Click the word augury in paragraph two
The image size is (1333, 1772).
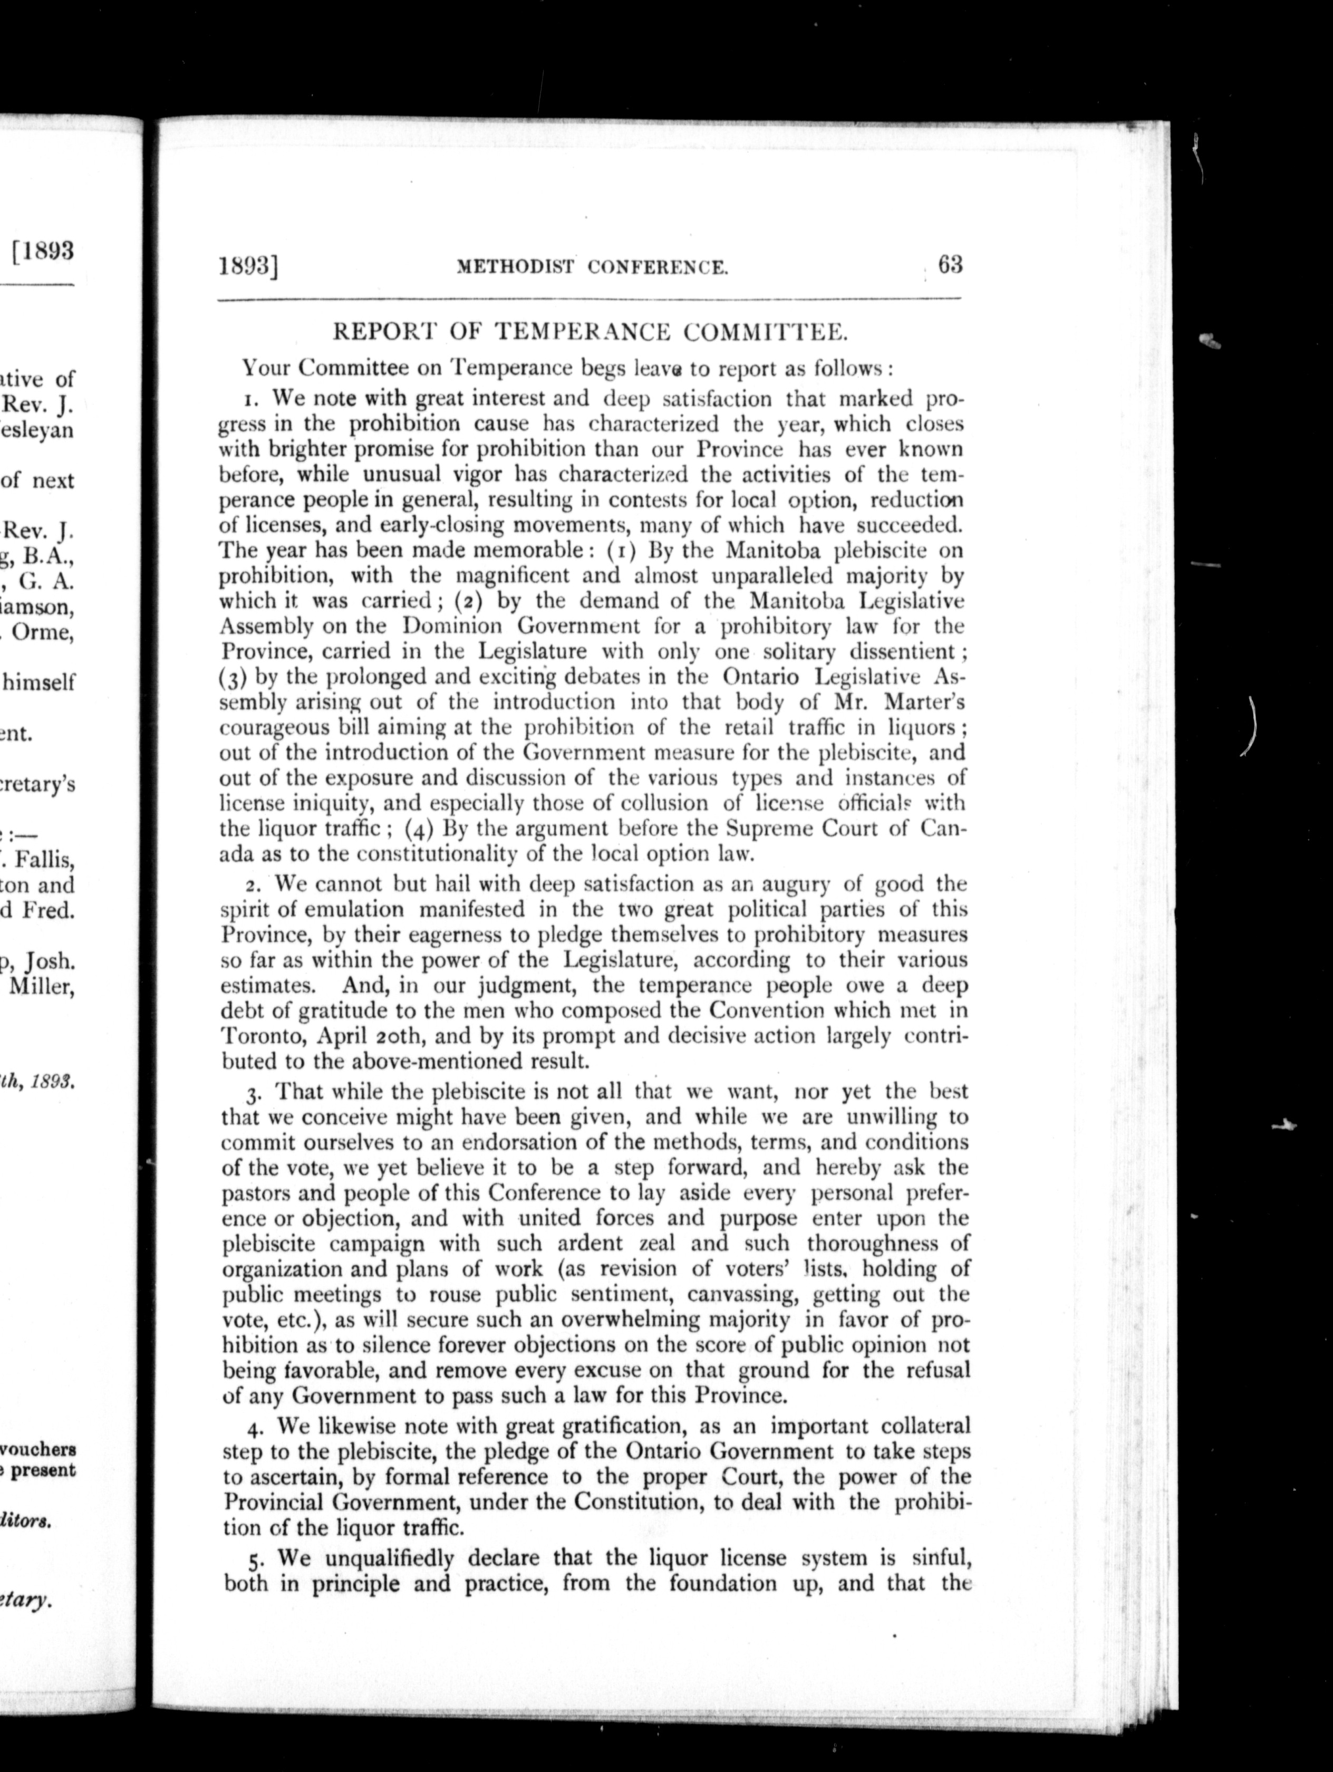[825, 884]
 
